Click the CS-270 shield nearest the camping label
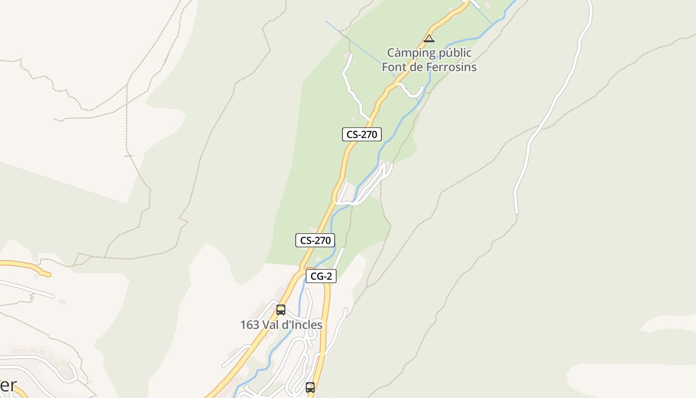[x=361, y=134]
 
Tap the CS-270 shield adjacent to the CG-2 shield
[x=315, y=240]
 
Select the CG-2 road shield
[x=321, y=277]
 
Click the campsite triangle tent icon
[x=429, y=38]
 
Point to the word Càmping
[x=411, y=53]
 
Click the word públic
[x=454, y=53]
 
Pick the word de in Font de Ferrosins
[x=418, y=67]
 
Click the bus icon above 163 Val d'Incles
[x=281, y=310]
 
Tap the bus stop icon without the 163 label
[x=310, y=387]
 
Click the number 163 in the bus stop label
[x=250, y=325]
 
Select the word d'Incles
[x=303, y=325]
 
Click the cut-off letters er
[x=8, y=386]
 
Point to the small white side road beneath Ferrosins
[x=412, y=92]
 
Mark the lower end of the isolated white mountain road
[x=517, y=211]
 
